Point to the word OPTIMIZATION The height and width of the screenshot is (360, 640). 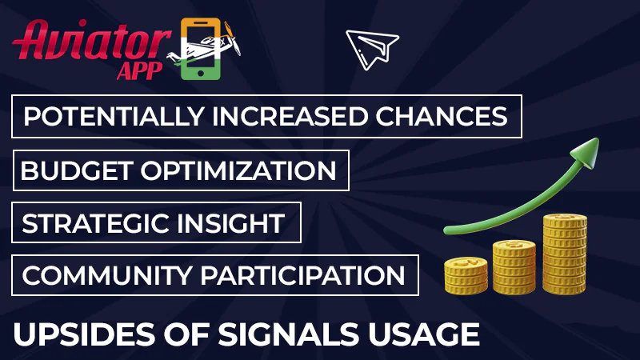tap(243, 170)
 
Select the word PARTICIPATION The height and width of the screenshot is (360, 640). tap(302, 275)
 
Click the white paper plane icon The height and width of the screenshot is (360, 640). tap(372, 47)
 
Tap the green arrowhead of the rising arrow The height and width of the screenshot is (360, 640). tap(586, 152)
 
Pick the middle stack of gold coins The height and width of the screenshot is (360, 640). tap(514, 266)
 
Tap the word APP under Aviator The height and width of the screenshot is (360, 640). tap(140, 70)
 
